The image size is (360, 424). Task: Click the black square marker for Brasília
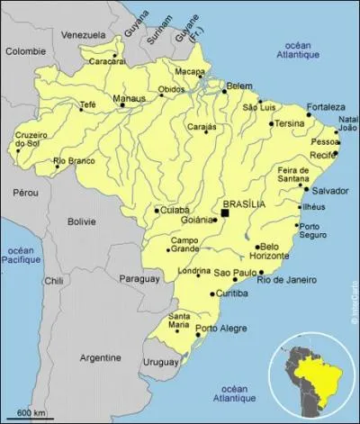coord(226,213)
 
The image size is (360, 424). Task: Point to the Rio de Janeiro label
coord(288,280)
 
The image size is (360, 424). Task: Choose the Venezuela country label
coord(83,35)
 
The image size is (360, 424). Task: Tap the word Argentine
coord(100,357)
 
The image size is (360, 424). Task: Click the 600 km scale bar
coord(31,418)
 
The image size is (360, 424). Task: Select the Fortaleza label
coord(325,107)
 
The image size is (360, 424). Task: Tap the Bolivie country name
coord(81,221)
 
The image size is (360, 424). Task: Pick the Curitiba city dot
coord(212,293)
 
